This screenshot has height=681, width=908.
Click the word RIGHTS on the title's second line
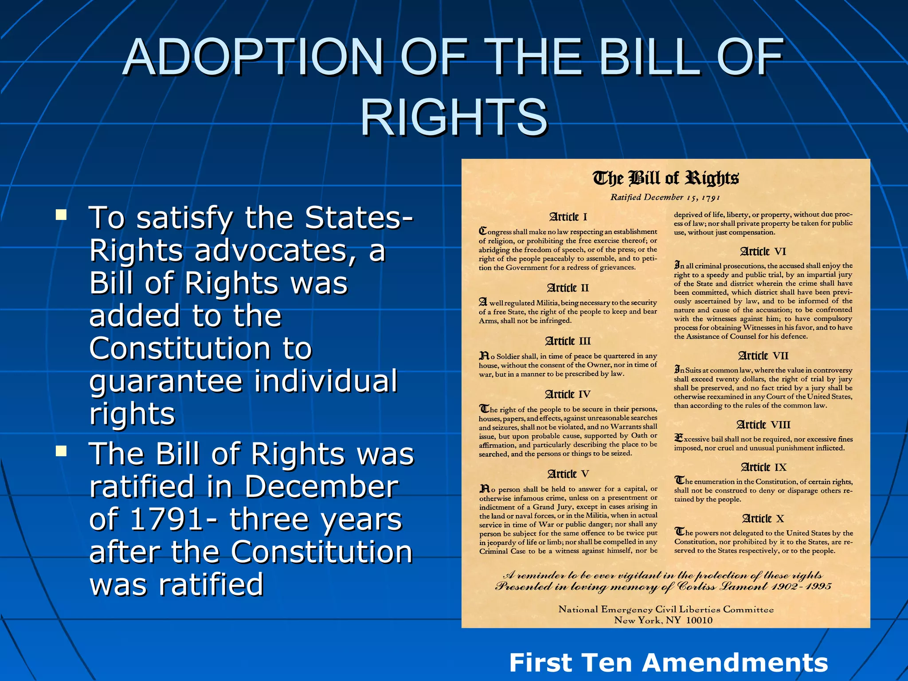pos(454,117)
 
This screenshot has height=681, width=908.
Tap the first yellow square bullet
pos(61,215)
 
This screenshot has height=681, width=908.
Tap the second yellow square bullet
pos(61,451)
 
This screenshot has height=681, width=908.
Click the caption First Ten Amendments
pos(668,663)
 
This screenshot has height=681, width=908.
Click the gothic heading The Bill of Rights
pos(665,178)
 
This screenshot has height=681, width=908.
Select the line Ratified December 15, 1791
pos(665,197)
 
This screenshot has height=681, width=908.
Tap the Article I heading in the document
pos(568,217)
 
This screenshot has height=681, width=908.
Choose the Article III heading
pos(568,341)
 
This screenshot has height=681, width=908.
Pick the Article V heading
pos(568,474)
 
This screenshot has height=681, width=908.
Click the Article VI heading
pos(763,251)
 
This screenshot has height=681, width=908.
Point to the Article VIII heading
pos(763,425)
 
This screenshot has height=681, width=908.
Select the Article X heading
pos(763,518)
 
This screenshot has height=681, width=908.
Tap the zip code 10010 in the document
pos(699,620)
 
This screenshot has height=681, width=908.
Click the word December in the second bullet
pos(321,487)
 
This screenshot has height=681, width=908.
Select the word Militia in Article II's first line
pos(547,303)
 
